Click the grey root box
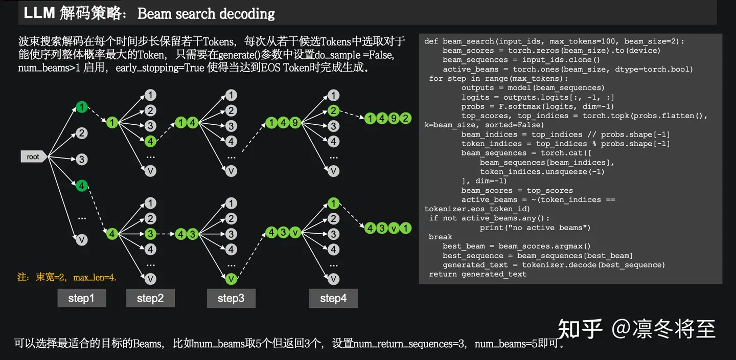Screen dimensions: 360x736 [33, 157]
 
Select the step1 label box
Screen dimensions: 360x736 [82, 298]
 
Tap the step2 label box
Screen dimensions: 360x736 [150, 298]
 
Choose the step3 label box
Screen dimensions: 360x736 [231, 298]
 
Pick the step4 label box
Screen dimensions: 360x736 [333, 298]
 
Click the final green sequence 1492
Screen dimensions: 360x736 [388, 119]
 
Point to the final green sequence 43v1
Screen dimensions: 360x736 [388, 229]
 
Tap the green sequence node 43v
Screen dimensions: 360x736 [283, 233]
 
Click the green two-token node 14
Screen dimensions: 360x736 [187, 123]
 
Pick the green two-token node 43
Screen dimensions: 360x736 [187, 234]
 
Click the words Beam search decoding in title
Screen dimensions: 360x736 [206, 14]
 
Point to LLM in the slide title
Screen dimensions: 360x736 [39, 13]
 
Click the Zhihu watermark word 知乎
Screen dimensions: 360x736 [580, 328]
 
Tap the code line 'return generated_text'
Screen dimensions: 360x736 [477, 274]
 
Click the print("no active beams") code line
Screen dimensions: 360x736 [535, 228]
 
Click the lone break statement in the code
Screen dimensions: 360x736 [440, 237]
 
